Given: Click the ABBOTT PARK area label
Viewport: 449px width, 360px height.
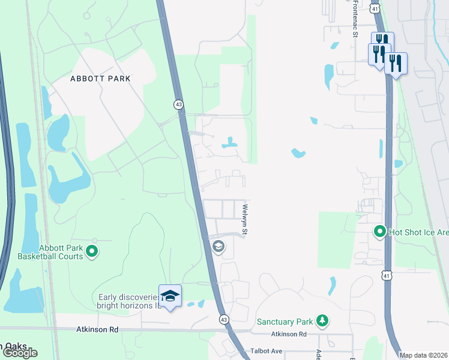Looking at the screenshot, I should click(x=100, y=79).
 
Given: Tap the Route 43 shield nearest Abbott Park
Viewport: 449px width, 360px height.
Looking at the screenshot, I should click(x=179, y=104).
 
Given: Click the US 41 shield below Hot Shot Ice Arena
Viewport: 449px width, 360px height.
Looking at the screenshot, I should click(x=387, y=275).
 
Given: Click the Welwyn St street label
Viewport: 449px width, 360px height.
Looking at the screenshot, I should click(x=245, y=220).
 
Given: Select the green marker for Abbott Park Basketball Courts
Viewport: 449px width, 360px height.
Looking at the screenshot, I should click(x=92, y=252).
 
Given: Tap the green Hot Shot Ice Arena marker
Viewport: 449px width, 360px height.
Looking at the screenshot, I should click(x=379, y=231).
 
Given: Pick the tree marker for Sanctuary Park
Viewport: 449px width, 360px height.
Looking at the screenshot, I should click(x=323, y=321).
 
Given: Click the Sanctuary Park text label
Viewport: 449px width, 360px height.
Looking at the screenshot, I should click(x=286, y=322).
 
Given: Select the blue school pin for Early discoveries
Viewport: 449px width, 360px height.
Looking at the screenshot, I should click(x=170, y=296).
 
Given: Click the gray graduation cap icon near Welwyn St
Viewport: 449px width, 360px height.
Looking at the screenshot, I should click(x=218, y=246).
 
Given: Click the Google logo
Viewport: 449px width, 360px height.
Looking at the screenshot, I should click(x=19, y=353).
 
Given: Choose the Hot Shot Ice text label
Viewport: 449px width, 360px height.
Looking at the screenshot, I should click(x=418, y=231).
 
